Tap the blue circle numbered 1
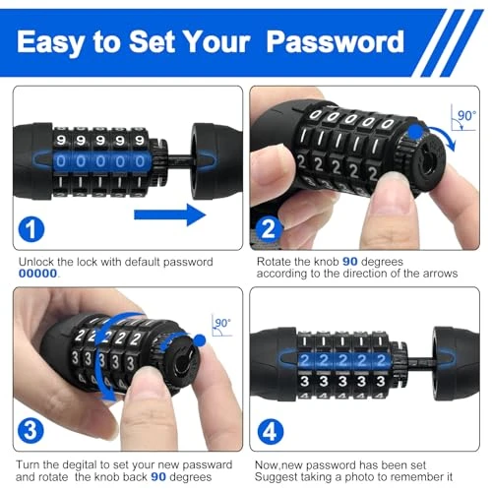coord(31,230)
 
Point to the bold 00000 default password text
coord(39,274)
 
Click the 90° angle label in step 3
coord(223,321)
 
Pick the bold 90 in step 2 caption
coord(348,260)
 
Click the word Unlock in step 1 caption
coord(38,261)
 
